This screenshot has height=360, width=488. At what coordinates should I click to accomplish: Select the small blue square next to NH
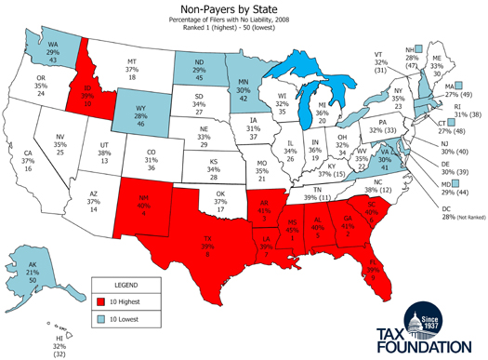point(420,50)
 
